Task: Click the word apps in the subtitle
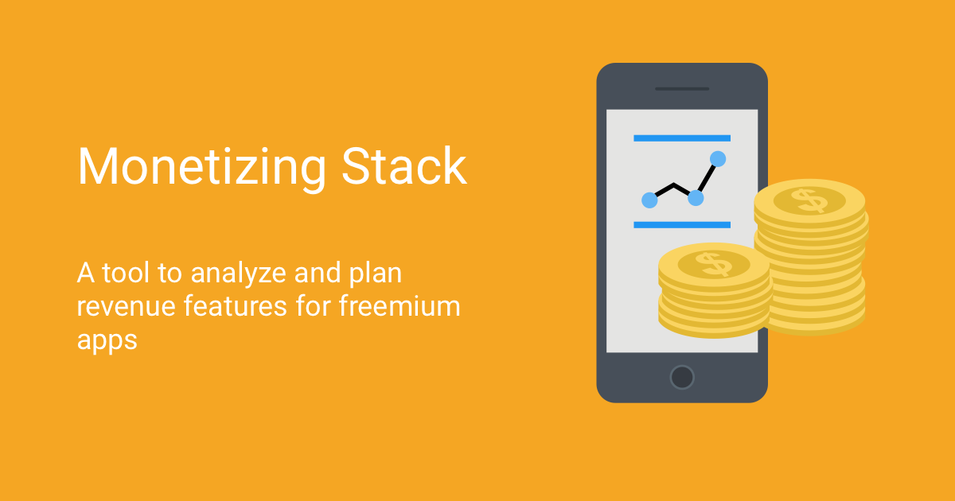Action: coord(107,339)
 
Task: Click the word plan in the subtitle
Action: coord(375,275)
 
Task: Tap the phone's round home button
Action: coord(682,376)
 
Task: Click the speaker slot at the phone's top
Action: coord(682,88)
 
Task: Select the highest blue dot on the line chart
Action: coord(718,159)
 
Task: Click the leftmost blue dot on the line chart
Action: coord(649,200)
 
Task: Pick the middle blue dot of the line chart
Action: coord(696,197)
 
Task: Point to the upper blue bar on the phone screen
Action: coord(681,138)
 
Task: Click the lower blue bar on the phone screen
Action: coord(681,225)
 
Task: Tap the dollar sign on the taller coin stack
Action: coord(810,200)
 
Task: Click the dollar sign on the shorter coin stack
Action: coord(714,263)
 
